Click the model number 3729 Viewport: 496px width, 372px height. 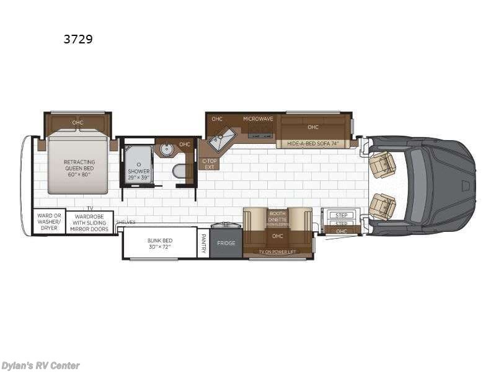(79, 38)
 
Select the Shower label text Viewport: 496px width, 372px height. (139, 174)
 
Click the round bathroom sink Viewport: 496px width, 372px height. (166, 149)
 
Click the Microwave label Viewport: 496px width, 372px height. (258, 118)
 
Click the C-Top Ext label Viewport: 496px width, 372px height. (208, 164)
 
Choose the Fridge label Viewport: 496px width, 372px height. (226, 243)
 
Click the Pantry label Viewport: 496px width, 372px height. (203, 243)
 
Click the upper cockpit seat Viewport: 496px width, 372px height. (383, 164)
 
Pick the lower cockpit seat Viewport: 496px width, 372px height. (383, 206)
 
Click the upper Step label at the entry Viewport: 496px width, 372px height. (342, 215)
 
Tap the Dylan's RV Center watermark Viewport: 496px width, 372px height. (41, 365)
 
